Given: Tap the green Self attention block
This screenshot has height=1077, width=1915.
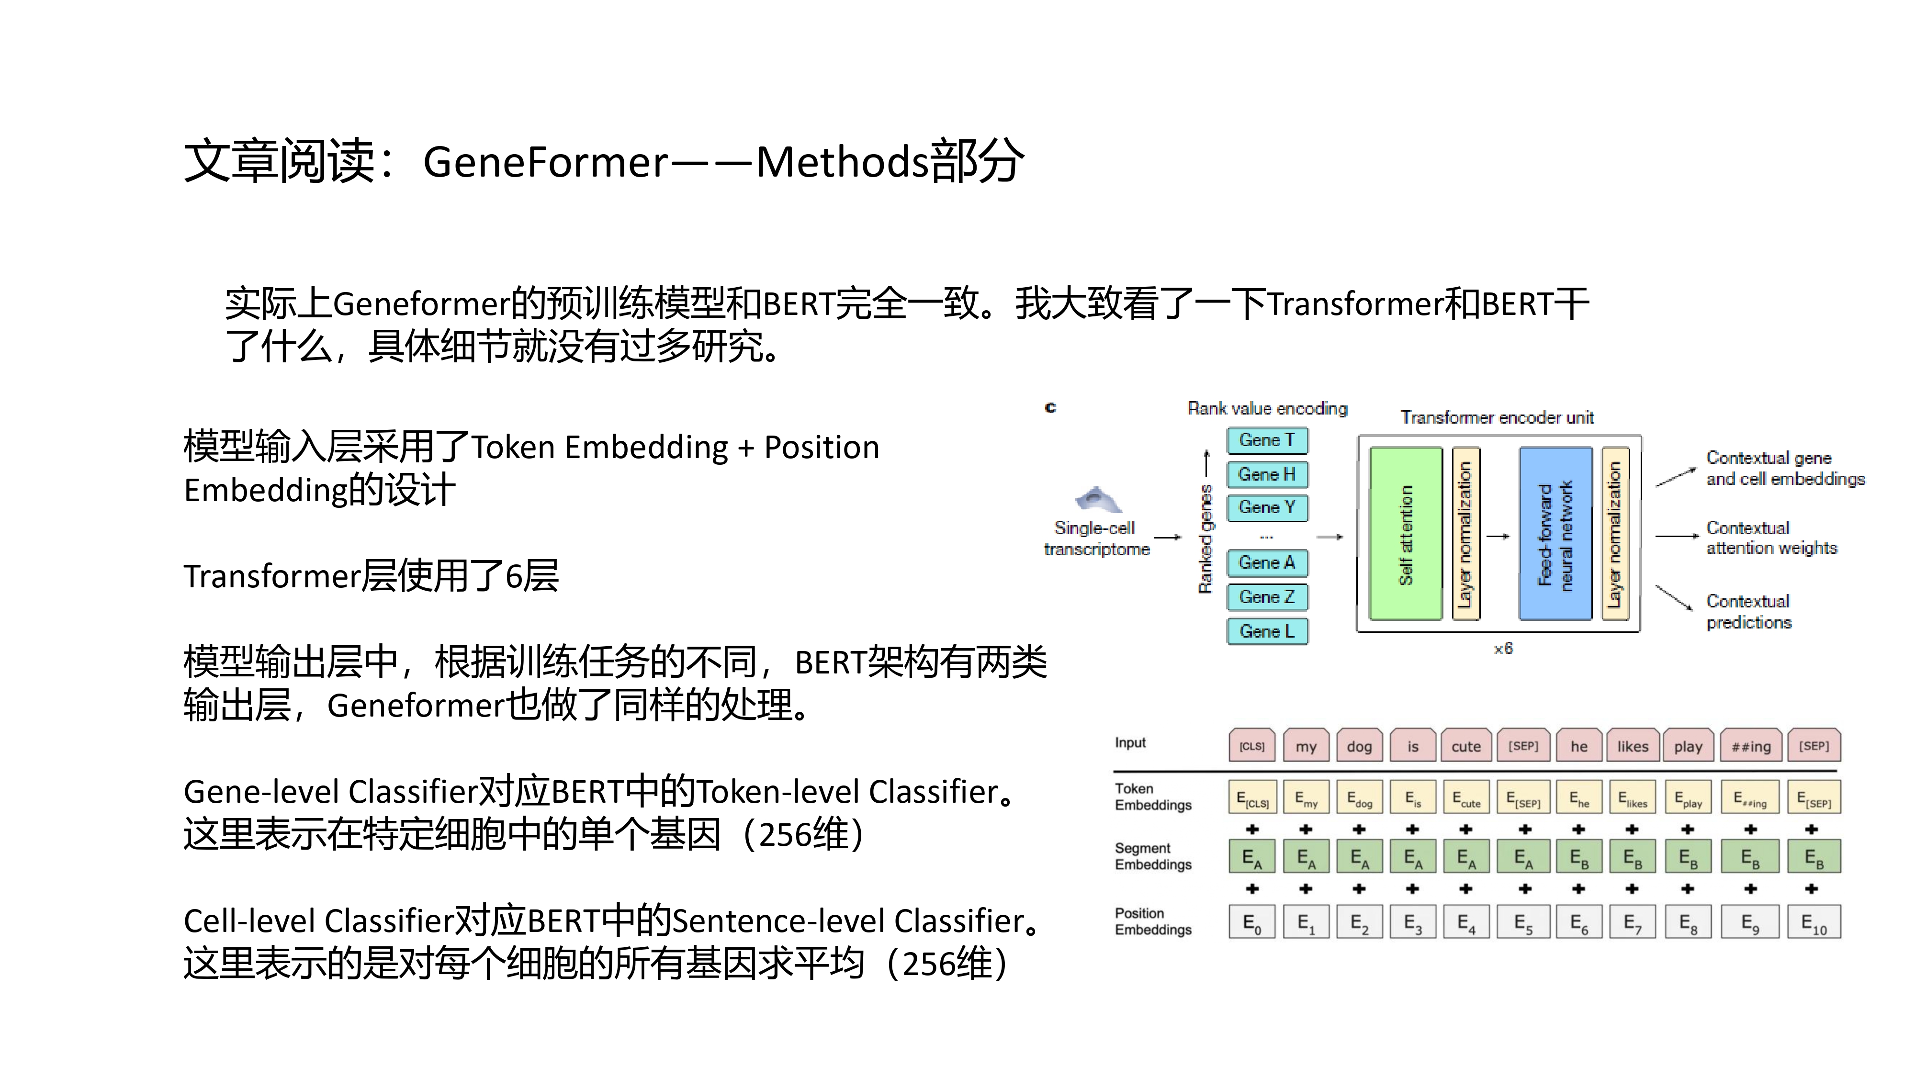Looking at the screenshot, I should pyautogui.click(x=1405, y=534).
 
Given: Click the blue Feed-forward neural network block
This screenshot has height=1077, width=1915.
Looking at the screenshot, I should pyautogui.click(x=1555, y=534).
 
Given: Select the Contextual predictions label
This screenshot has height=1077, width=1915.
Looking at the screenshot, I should pyautogui.click(x=1748, y=612).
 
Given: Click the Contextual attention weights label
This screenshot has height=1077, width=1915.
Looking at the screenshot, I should pyautogui.click(x=1771, y=538).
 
